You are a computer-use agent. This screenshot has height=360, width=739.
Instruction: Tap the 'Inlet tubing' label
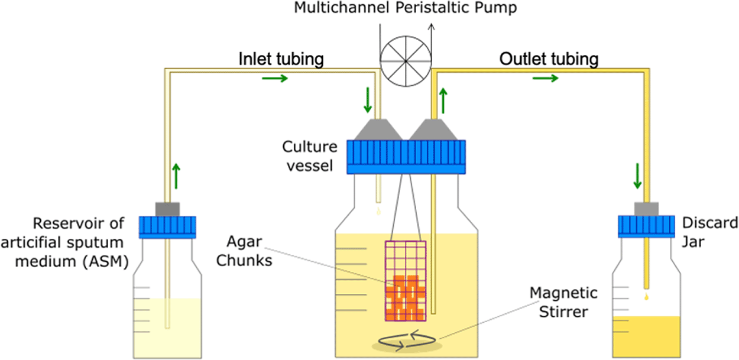281,59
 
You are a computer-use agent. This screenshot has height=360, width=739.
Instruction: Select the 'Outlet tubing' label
549,59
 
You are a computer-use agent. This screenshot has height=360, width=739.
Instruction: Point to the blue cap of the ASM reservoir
168,227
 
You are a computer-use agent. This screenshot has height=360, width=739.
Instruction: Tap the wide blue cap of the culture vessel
406,157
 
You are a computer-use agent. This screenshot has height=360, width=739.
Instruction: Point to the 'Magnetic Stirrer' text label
563,302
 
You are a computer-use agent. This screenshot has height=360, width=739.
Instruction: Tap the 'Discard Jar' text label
709,232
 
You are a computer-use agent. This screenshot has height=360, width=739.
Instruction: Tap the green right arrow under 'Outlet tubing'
544,78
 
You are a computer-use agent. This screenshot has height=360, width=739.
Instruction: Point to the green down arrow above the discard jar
637,177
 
